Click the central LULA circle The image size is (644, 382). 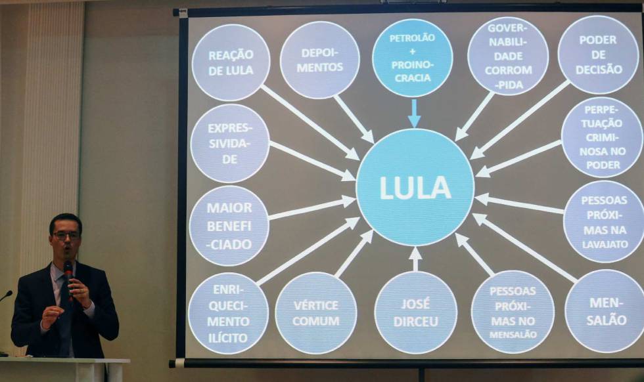415,188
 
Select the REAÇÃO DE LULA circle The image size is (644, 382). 231,62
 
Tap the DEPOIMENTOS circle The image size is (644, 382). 319,60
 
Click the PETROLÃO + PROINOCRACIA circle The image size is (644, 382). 413,57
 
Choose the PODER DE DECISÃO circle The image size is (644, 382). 599,54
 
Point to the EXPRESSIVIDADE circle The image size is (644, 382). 230,143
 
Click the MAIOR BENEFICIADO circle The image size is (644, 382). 229,226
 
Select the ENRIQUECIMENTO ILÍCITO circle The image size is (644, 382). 229,314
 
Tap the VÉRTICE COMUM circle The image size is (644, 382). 316,313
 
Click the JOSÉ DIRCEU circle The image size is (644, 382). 415,312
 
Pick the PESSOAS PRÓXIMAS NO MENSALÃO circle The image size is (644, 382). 513,312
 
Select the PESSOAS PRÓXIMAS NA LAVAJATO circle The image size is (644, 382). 604,222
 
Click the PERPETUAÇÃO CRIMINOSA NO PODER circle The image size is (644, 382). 602,137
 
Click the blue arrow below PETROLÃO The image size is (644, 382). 414,114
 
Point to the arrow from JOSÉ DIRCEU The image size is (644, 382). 415,259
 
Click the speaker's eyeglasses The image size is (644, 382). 66,236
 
